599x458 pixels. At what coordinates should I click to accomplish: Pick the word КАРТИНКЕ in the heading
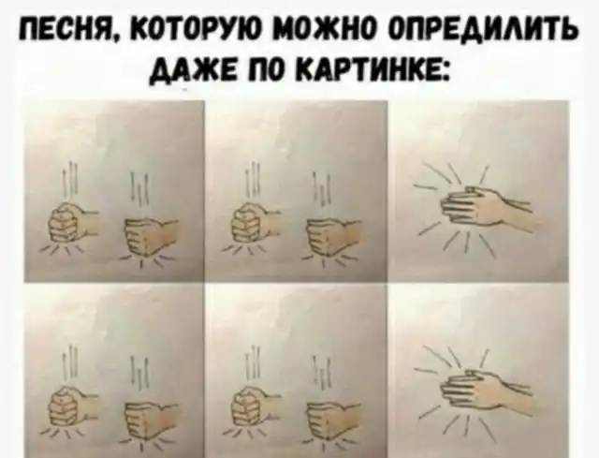tap(373, 70)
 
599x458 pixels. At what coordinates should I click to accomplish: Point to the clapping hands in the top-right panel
tap(486, 209)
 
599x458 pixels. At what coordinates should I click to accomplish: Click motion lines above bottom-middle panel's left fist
tap(254, 363)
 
